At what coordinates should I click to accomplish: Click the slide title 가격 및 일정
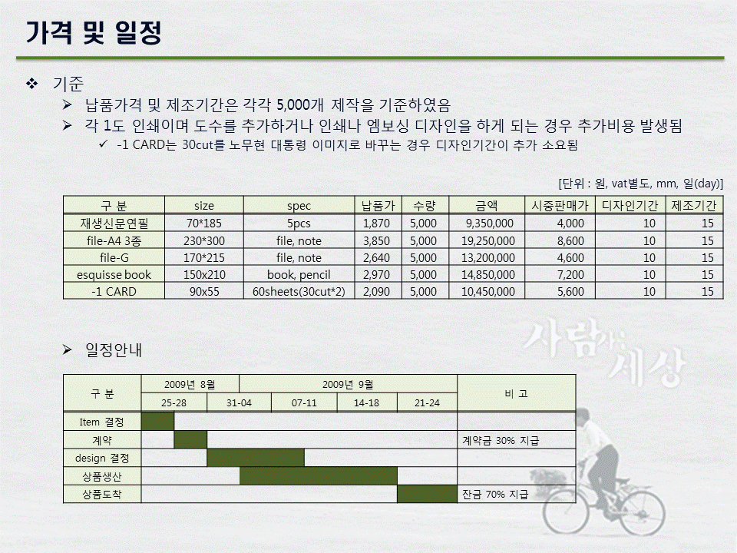tap(94, 32)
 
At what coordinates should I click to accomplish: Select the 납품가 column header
tap(377, 206)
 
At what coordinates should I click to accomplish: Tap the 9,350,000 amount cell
tap(491, 224)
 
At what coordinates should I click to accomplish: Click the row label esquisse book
tap(114, 274)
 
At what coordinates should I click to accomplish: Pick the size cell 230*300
tap(203, 240)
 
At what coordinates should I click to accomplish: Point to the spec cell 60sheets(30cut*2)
tap(299, 291)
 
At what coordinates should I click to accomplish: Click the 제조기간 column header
tap(693, 206)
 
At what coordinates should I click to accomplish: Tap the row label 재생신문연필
tap(114, 224)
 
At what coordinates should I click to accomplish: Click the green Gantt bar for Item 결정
tap(157, 422)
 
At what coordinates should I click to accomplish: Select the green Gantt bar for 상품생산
tap(318, 476)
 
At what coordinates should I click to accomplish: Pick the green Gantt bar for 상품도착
tap(427, 494)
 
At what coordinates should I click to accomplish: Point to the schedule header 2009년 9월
tap(348, 383)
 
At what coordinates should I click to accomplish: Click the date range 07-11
tap(304, 402)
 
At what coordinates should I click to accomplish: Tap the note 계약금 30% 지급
tap(501, 440)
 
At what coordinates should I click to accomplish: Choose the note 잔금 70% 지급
tap(495, 495)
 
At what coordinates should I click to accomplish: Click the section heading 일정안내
tap(113, 350)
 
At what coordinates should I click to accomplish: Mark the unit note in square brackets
tap(640, 184)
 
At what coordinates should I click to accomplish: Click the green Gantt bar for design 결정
tap(256, 458)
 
